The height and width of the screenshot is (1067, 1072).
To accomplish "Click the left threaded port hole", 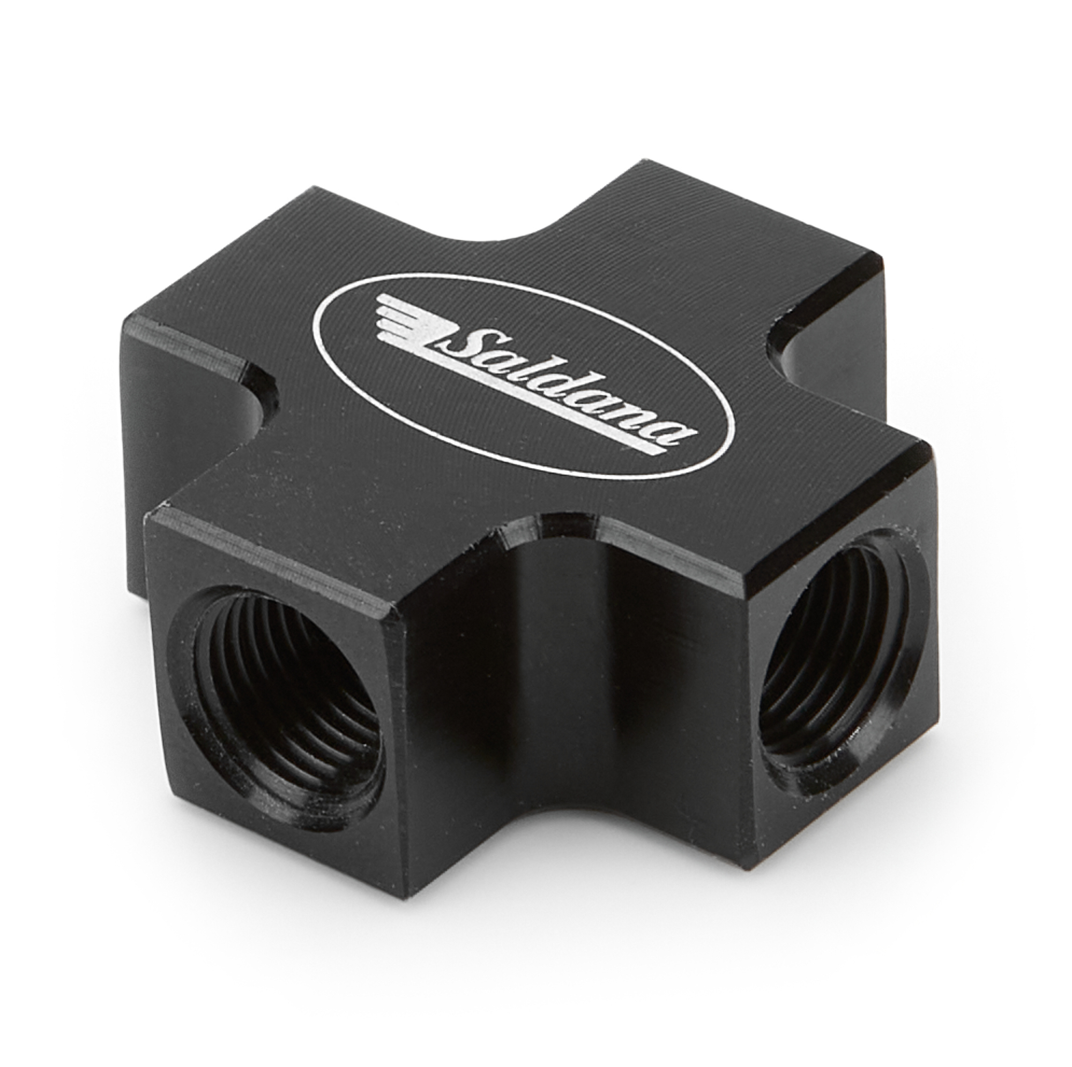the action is (278, 696).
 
